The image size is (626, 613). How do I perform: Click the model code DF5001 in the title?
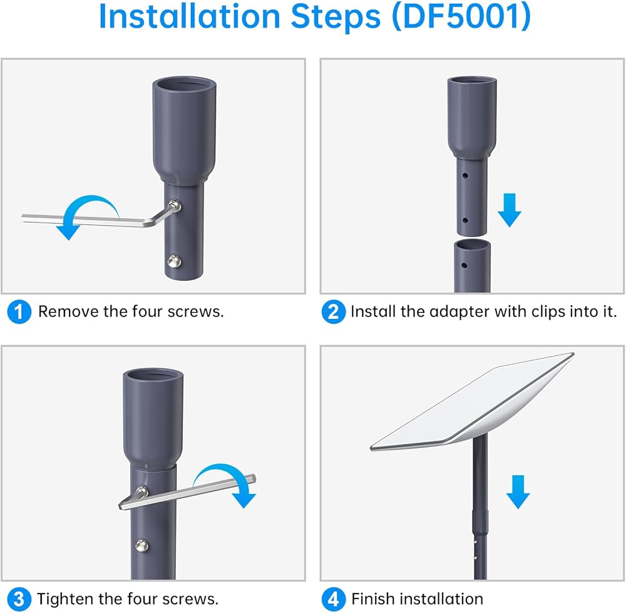tap(461, 16)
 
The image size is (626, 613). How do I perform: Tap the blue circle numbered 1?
tap(19, 312)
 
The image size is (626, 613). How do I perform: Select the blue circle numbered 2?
tap(334, 312)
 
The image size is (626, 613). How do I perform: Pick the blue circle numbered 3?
tap(19, 599)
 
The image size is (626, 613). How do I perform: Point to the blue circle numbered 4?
tap(334, 599)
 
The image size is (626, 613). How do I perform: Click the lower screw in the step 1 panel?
tap(174, 261)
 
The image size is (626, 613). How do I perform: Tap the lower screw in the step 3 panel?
tap(141, 545)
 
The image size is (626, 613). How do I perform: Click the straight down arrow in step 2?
tap(510, 210)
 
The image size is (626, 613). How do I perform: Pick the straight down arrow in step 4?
tap(518, 491)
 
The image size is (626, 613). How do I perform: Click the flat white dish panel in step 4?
tap(472, 402)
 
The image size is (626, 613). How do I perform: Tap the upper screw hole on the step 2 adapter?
tap(465, 175)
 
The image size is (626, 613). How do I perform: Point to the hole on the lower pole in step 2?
tap(464, 265)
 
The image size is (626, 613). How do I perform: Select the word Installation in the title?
tap(189, 16)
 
